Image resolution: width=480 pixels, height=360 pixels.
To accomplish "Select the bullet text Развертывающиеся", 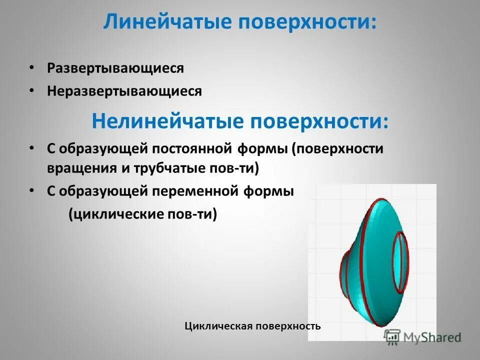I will pos(115,68).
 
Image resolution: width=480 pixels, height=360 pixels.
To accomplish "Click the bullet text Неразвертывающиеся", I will pos(124,91).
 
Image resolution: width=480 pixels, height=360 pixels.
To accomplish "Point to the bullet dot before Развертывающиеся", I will pos(31,67).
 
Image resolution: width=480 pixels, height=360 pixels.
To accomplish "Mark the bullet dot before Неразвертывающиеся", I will pos(31,90).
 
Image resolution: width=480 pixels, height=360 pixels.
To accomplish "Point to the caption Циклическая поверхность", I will pos(252,326).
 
